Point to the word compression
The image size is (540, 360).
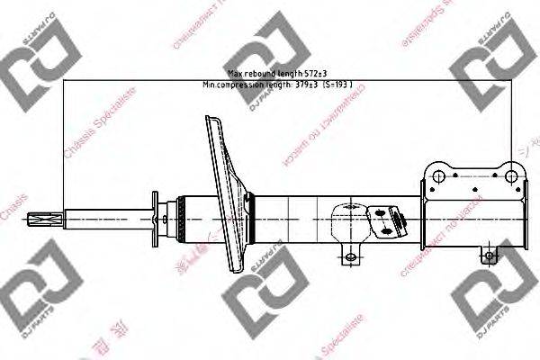(242, 85)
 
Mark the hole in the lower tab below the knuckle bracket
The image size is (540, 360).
(490, 256)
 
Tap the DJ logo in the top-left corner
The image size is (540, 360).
(30, 66)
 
